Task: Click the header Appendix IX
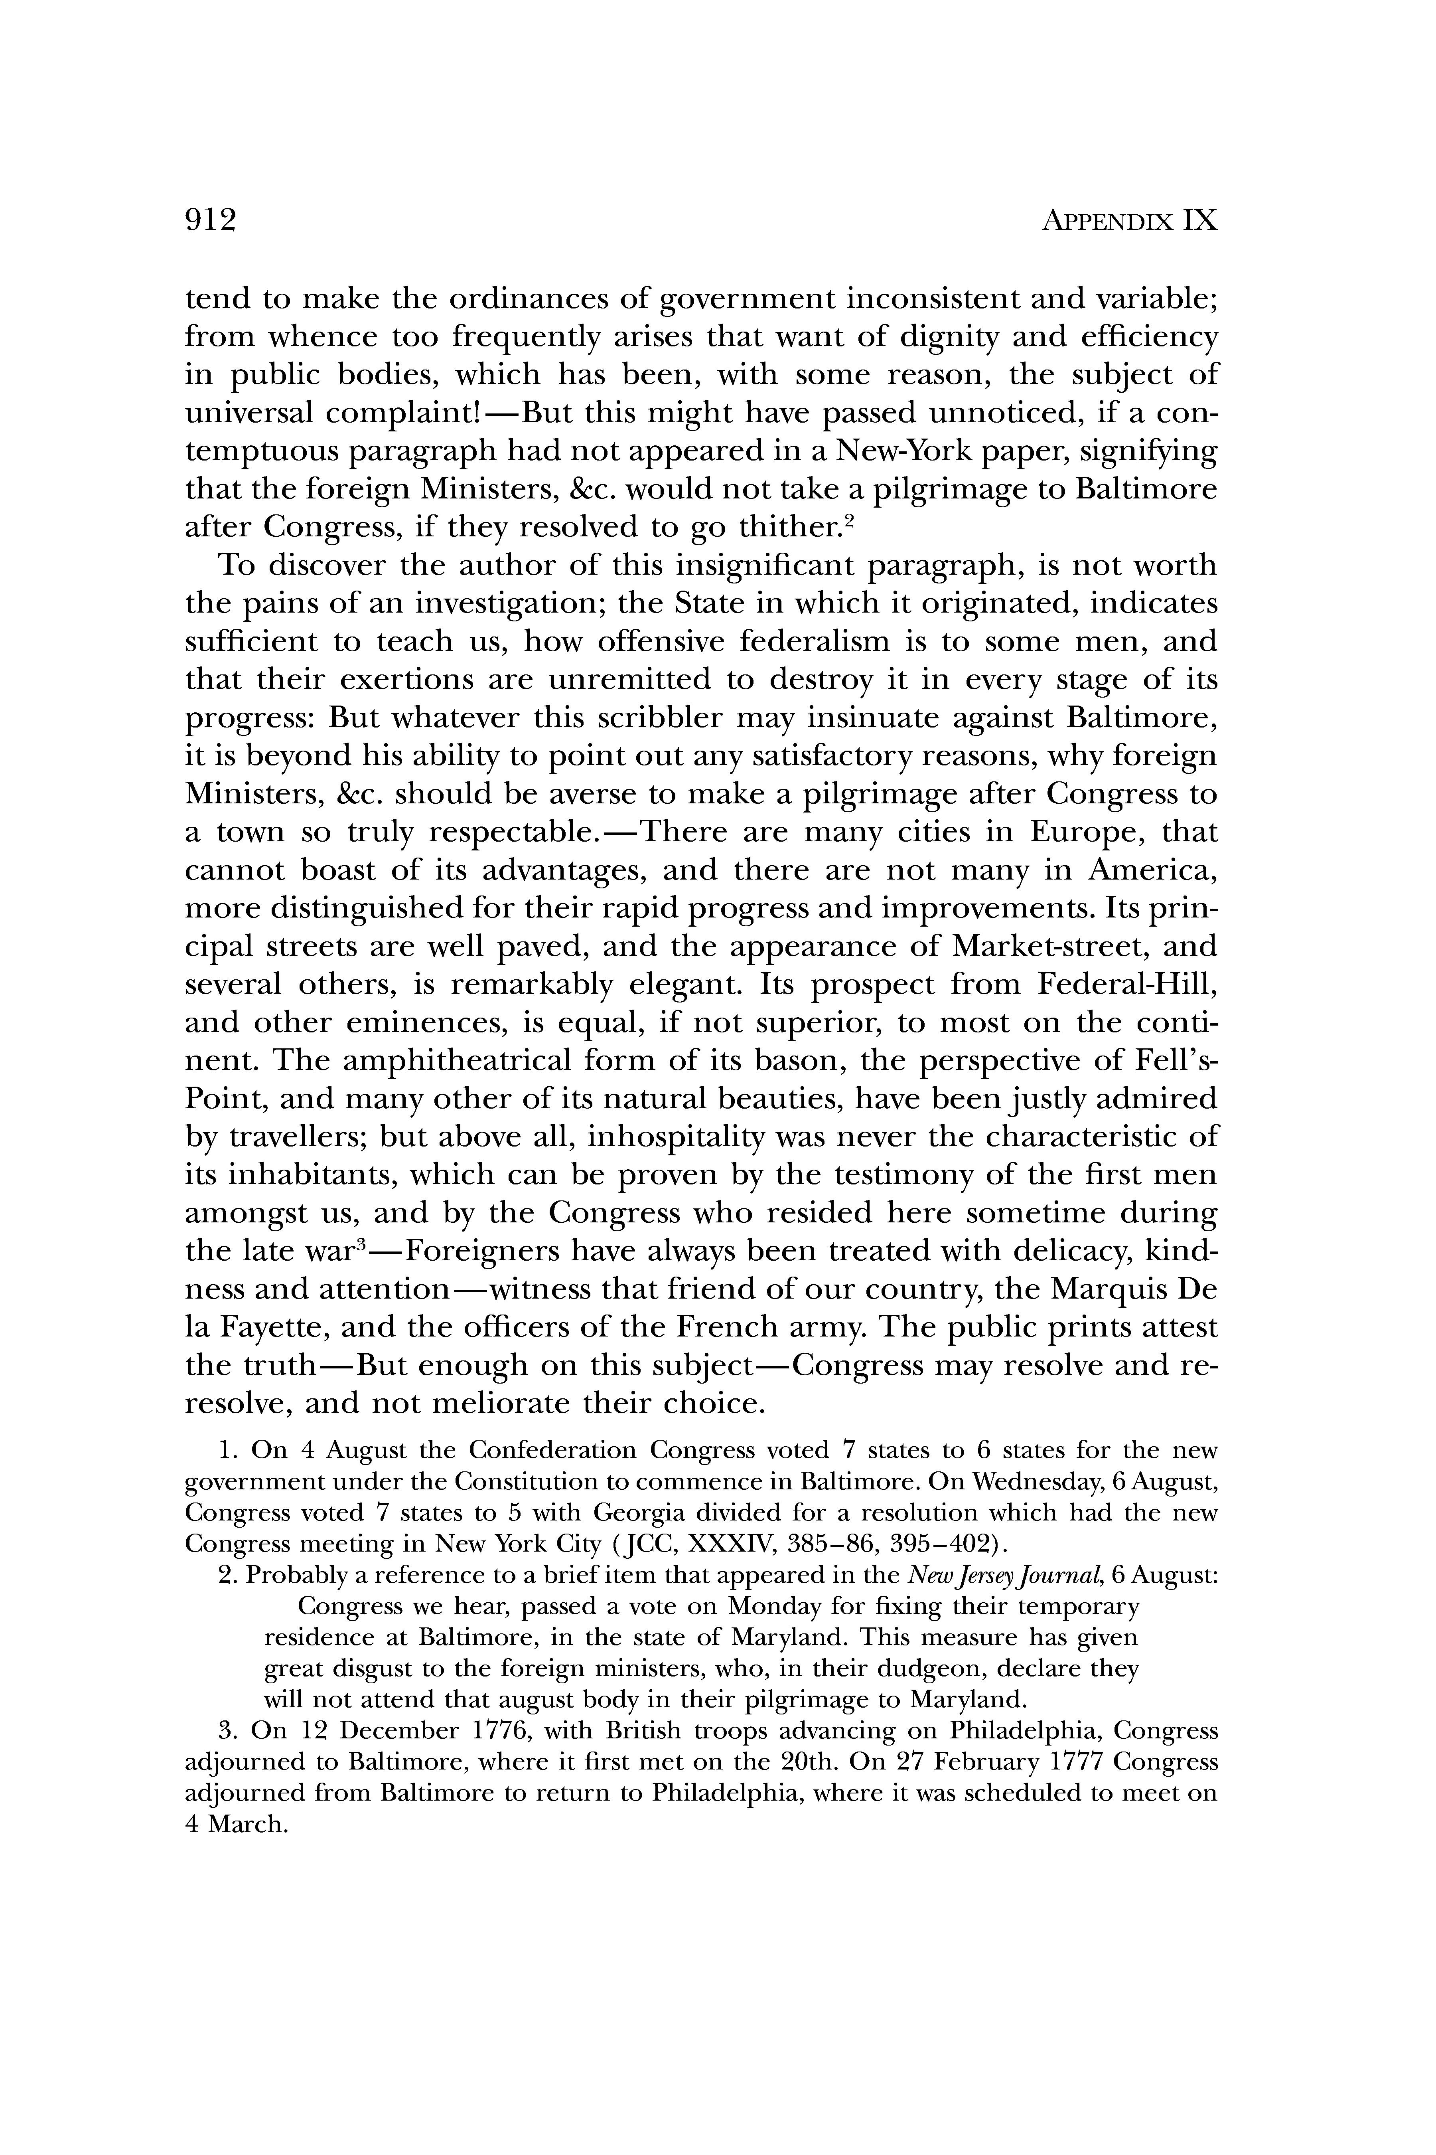pos(1129,221)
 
